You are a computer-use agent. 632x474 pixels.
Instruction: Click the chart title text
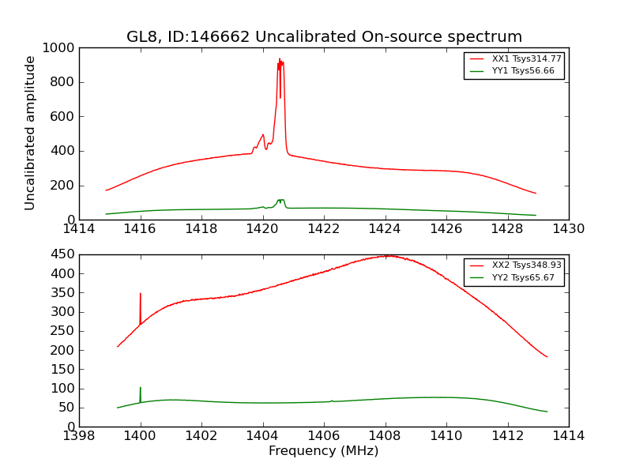point(324,37)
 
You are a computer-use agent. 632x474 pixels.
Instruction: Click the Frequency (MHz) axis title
point(324,451)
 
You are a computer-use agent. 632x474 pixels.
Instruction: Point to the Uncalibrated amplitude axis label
point(31,133)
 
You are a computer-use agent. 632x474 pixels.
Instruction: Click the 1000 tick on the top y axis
point(60,48)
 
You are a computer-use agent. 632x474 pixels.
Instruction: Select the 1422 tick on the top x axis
point(324,229)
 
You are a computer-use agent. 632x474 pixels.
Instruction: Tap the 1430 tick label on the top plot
point(568,229)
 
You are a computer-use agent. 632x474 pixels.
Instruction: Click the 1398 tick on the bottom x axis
point(79,435)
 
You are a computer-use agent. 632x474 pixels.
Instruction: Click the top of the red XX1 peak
point(280,60)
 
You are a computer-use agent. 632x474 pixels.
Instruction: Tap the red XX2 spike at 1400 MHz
point(141,295)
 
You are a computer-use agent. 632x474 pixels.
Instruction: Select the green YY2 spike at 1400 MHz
point(141,389)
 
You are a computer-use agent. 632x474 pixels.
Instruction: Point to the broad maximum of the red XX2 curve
point(387,256)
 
